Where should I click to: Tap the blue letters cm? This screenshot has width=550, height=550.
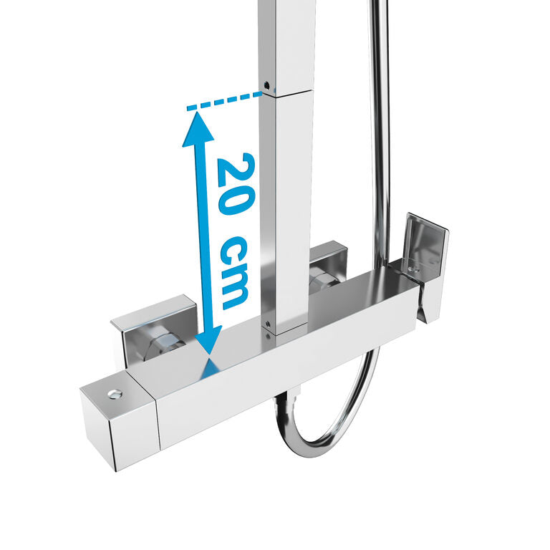tap(234, 271)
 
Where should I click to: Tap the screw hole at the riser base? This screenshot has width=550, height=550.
tap(267, 324)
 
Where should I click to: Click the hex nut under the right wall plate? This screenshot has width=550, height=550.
tap(324, 281)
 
